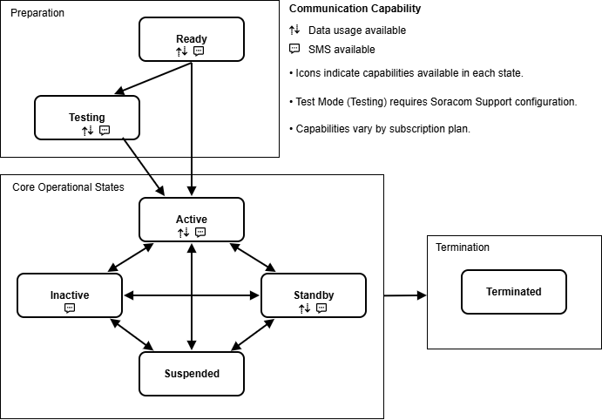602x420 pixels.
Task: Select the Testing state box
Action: (x=86, y=117)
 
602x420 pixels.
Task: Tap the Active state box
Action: (x=191, y=219)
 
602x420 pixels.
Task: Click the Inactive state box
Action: (x=69, y=295)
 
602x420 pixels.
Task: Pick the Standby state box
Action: (x=314, y=295)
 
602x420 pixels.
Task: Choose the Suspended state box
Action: (x=191, y=373)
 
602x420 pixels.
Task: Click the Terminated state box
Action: (x=513, y=292)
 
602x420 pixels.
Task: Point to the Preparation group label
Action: (x=37, y=13)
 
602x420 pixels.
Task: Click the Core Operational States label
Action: (x=68, y=187)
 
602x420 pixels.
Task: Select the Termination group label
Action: (x=463, y=247)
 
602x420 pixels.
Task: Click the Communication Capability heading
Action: (x=355, y=10)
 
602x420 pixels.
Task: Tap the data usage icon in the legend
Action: (x=294, y=30)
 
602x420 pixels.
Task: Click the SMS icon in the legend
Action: (x=294, y=49)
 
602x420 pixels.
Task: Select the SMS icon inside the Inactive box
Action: (x=70, y=308)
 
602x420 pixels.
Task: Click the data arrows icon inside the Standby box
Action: (x=304, y=308)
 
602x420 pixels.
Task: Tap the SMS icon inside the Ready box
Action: (x=199, y=51)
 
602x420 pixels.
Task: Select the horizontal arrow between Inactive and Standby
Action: (x=191, y=295)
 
